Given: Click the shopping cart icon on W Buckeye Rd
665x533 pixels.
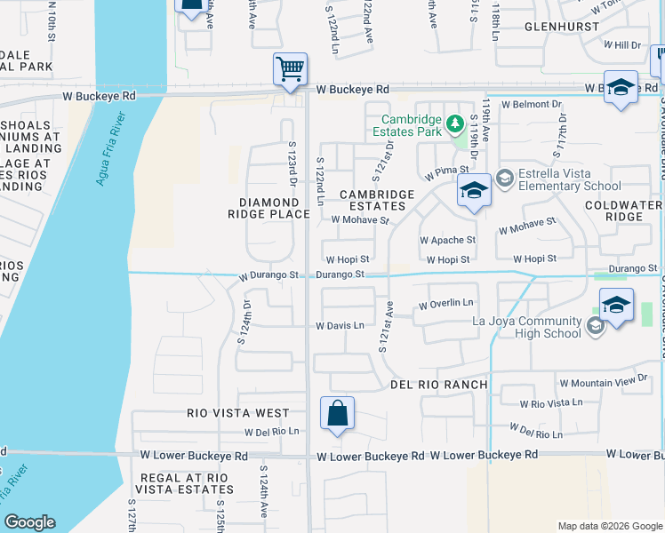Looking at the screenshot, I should (291, 68).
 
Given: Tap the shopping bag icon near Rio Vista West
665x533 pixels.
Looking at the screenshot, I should (338, 413).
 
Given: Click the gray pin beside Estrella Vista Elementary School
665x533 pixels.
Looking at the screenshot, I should (505, 179).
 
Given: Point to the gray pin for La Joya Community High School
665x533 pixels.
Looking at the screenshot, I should (595, 327).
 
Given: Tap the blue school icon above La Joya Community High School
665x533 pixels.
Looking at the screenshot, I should (616, 305).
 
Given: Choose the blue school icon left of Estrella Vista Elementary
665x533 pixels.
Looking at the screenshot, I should (474, 190).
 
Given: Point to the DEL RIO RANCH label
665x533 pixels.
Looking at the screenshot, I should (439, 385).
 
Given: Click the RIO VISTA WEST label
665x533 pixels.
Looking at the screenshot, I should (237, 413).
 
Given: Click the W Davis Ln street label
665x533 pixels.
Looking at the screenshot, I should (340, 326).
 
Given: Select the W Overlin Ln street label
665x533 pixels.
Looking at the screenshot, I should (446, 304).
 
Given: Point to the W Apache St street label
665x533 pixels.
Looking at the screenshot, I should (447, 240).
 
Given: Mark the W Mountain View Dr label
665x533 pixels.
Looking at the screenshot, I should (604, 381).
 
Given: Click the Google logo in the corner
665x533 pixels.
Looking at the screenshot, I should (29, 523).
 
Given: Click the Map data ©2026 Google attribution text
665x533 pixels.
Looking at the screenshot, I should (609, 526).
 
